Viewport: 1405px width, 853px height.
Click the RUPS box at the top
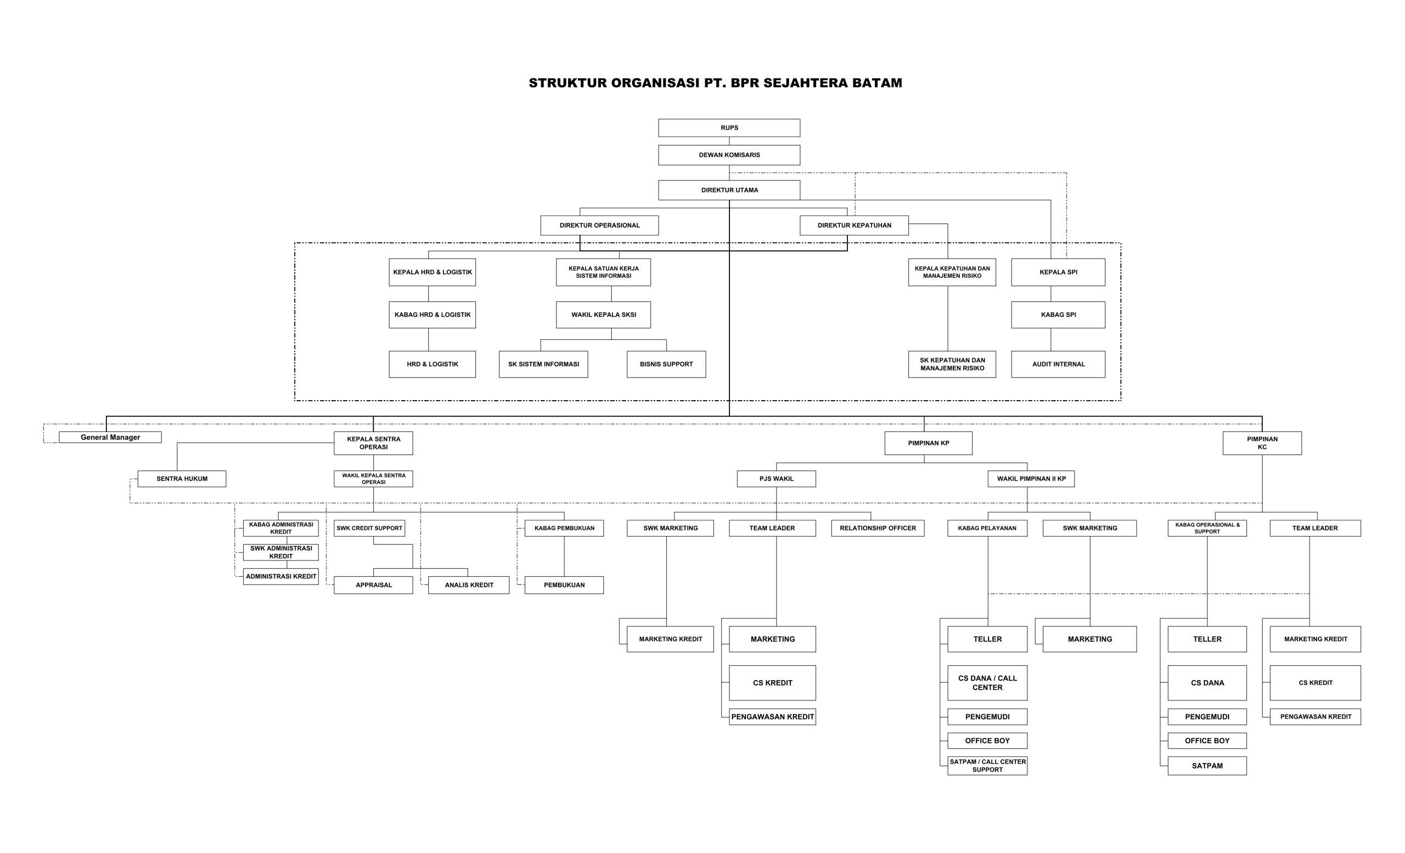pos(729,128)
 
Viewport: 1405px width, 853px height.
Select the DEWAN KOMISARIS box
pos(729,155)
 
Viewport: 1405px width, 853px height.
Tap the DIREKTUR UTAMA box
pos(729,190)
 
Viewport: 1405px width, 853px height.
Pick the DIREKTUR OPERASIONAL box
pos(599,225)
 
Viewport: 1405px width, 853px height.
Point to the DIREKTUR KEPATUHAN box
pos(853,225)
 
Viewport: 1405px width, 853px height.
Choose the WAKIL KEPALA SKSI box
pos(603,315)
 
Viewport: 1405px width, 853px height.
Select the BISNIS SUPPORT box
pos(666,364)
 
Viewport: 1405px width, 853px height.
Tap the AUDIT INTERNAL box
pos(1058,364)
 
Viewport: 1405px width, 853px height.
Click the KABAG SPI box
pos(1058,315)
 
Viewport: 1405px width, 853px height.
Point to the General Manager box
pos(110,437)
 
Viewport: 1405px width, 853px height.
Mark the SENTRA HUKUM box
pos(182,479)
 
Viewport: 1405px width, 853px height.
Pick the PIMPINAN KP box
pos(928,443)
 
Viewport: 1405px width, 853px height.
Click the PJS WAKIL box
pos(776,479)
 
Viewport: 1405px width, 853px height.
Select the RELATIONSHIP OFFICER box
pos(878,529)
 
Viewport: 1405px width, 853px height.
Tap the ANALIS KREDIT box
pos(469,585)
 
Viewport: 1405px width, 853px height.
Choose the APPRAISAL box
pos(374,585)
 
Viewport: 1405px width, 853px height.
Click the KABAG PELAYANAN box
pos(987,529)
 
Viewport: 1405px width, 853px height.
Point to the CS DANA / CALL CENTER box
pos(987,683)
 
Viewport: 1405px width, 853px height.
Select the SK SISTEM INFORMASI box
pos(543,364)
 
